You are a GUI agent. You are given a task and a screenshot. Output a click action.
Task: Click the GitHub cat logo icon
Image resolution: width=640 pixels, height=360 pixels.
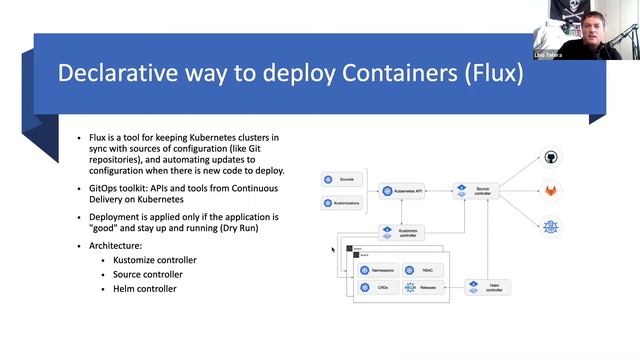point(551,158)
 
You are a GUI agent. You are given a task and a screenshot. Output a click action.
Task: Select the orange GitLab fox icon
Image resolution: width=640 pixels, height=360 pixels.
point(551,190)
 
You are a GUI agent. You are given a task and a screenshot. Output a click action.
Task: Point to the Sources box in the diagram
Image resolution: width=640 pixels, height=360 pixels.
point(341,180)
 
